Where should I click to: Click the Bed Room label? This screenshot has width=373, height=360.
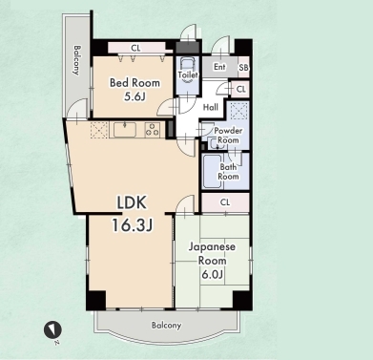(x=135, y=83)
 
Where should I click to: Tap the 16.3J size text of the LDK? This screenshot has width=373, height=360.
(x=132, y=225)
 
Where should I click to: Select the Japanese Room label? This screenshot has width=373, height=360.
(x=212, y=254)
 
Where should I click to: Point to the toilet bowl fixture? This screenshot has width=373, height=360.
(x=188, y=70)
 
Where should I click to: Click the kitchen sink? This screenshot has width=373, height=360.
(x=125, y=130)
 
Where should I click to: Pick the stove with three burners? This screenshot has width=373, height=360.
(x=152, y=130)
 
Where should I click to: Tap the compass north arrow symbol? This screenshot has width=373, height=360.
(x=52, y=329)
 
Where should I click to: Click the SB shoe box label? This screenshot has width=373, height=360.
(x=243, y=68)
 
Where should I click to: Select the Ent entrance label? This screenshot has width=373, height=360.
(x=219, y=67)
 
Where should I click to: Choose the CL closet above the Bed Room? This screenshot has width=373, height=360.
(x=136, y=48)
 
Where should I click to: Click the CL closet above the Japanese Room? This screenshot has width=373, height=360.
(x=225, y=202)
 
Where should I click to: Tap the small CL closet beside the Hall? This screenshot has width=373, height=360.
(x=240, y=89)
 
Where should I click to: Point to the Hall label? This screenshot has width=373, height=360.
(x=211, y=107)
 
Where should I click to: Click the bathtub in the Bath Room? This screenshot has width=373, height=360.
(x=212, y=172)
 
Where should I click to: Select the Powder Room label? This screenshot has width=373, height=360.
(x=228, y=136)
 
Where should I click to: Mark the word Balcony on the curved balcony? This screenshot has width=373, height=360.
(x=166, y=326)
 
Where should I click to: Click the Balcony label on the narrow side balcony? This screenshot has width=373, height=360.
(x=76, y=60)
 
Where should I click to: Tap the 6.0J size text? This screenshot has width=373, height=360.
(x=212, y=274)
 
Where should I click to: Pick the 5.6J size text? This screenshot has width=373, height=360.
(x=135, y=96)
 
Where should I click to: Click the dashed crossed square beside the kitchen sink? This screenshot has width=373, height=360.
(x=99, y=130)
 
